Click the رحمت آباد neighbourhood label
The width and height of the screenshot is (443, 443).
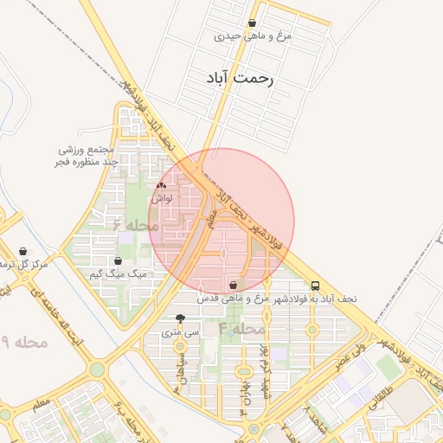tap(240, 78)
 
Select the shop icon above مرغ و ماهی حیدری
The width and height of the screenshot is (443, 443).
tap(252, 23)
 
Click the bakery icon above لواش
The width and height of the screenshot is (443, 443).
tap(162, 185)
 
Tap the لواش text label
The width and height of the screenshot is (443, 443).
tap(162, 198)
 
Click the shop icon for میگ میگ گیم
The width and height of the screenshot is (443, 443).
tap(119, 260)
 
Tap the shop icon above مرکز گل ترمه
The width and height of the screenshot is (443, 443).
tap(22, 251)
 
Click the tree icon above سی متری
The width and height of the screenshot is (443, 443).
tap(180, 318)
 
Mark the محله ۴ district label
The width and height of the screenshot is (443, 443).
tap(241, 329)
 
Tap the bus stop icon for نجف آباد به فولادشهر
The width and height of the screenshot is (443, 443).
tap(315, 285)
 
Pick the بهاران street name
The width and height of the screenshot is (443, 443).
tap(246, 394)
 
